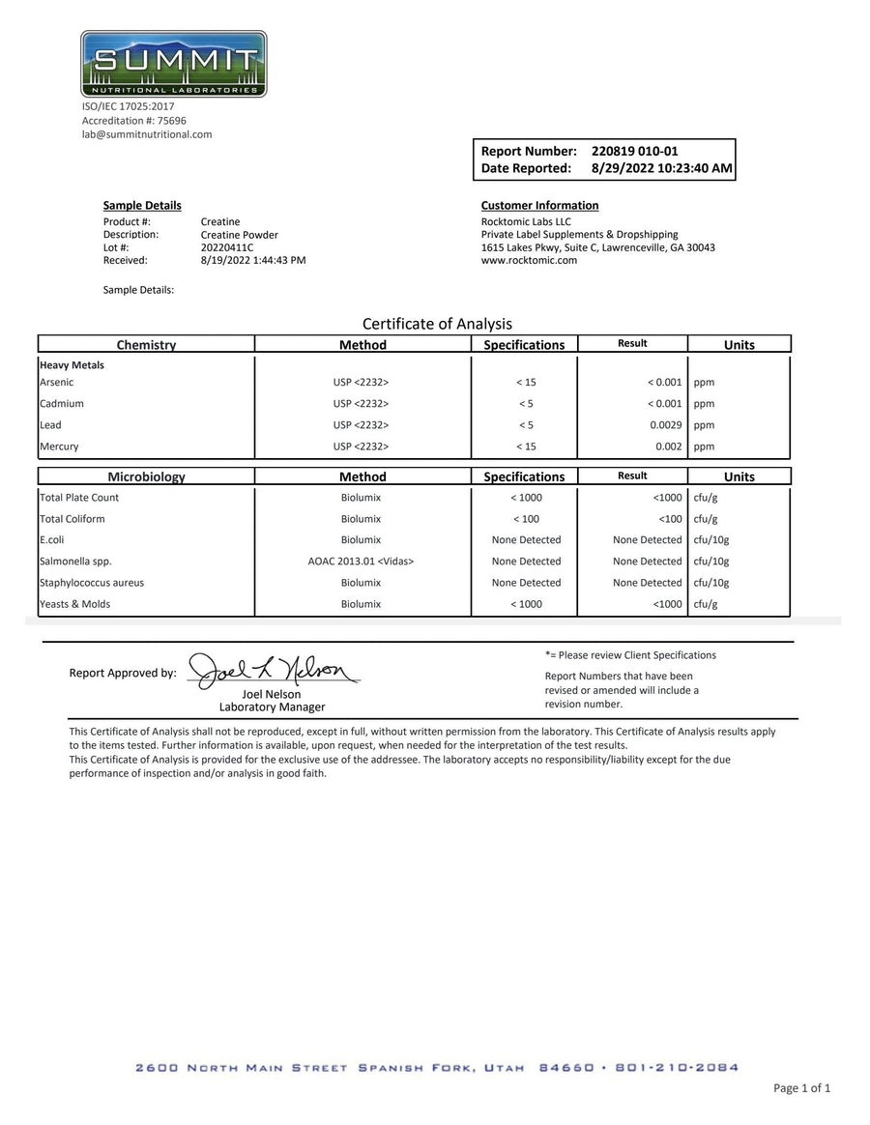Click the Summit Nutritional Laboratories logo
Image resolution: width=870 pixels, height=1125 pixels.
(x=174, y=64)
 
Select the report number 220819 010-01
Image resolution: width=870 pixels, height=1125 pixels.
(x=634, y=151)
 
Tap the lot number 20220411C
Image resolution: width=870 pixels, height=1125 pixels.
(x=227, y=247)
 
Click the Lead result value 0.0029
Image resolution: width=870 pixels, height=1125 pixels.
(x=664, y=425)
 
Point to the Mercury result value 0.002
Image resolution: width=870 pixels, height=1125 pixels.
(x=668, y=447)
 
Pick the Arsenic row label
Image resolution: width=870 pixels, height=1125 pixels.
(x=56, y=383)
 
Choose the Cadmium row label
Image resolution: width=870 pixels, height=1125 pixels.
(x=62, y=404)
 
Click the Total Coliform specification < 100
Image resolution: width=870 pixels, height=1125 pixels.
(x=526, y=519)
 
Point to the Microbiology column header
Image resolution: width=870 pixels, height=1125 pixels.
(x=146, y=476)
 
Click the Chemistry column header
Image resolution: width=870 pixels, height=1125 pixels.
(x=146, y=345)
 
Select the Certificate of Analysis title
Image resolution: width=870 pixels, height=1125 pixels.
(x=437, y=324)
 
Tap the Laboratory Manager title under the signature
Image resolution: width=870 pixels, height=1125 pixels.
(x=272, y=707)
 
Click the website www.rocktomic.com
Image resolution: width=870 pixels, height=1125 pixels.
(x=529, y=260)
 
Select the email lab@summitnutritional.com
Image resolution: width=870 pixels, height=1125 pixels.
(x=146, y=134)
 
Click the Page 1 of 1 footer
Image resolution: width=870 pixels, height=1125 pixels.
(x=801, y=1088)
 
